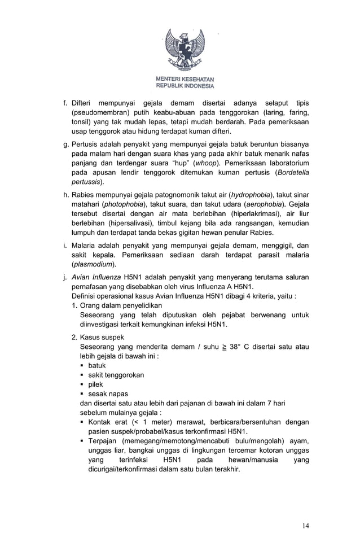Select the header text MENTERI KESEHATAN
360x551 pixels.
tap(185, 79)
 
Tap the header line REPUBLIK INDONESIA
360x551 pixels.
tap(185, 86)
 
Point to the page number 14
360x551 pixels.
tap(305, 526)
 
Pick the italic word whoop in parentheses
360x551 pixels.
tap(207, 163)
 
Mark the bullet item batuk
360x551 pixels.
tap(97, 365)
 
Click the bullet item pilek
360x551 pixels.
tap(96, 384)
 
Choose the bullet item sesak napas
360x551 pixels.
tap(108, 393)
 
